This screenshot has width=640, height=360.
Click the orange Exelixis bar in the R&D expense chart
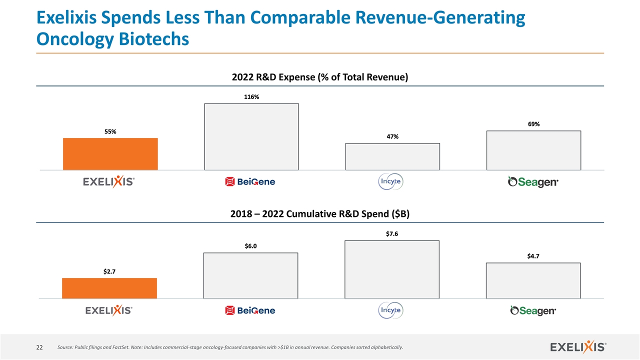click(110, 154)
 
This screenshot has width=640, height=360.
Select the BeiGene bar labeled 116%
click(251, 137)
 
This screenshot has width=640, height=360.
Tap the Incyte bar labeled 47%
click(392, 156)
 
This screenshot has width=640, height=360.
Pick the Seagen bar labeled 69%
click(533, 150)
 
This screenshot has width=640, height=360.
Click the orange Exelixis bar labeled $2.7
click(109, 288)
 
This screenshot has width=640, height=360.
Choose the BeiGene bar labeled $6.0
click(250, 275)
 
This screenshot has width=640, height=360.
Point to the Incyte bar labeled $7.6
click(392, 269)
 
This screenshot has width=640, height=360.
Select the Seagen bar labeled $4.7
click(533, 280)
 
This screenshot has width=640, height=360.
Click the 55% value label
click(110, 131)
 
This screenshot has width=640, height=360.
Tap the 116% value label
click(251, 97)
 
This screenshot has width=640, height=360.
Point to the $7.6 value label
click(392, 233)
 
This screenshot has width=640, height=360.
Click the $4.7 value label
click(533, 256)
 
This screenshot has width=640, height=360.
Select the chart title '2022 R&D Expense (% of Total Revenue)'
click(320, 77)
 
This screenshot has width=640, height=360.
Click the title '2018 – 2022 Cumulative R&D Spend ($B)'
click(320, 214)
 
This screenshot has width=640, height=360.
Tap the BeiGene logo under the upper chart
click(250, 182)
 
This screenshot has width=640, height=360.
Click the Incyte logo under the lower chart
click(391, 311)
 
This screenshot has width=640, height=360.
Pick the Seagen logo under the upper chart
click(533, 182)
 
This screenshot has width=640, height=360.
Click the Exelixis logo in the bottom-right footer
click(578, 346)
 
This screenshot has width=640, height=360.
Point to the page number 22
click(38, 347)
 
